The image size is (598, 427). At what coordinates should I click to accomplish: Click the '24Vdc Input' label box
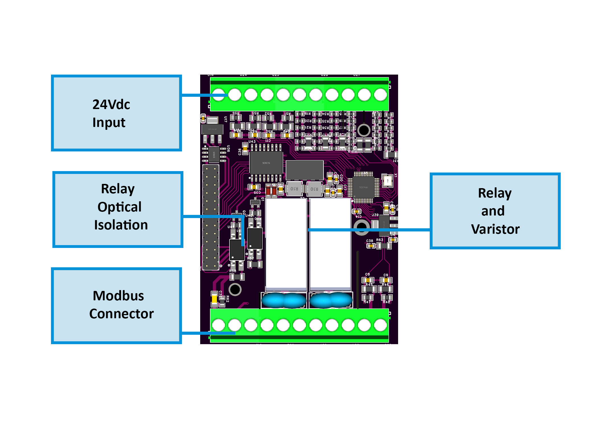[x=116, y=113]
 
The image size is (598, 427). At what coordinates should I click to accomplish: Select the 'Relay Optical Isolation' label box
[x=118, y=209]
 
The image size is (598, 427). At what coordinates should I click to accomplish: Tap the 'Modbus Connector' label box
[x=116, y=305]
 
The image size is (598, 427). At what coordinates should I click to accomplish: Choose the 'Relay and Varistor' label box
[x=495, y=211]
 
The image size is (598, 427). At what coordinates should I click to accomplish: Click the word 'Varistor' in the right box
[x=495, y=229]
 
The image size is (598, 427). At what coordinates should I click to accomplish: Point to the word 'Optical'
[x=119, y=207]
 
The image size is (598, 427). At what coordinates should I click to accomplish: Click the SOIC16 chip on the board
[x=266, y=163]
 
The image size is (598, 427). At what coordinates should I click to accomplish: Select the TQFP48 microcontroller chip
[x=363, y=187]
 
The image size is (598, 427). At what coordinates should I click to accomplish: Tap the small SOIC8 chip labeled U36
[x=214, y=155]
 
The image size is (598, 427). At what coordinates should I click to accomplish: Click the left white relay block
[x=286, y=243]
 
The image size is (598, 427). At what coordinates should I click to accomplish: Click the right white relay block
[x=330, y=243]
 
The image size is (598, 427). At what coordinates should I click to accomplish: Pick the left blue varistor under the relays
[x=284, y=300]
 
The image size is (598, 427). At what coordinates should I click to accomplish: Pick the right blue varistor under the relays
[x=331, y=300]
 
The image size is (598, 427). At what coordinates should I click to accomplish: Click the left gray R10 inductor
[x=294, y=189]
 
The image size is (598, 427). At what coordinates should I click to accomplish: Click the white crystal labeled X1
[x=388, y=181]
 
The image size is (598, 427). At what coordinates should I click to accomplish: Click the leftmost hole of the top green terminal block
[x=219, y=95]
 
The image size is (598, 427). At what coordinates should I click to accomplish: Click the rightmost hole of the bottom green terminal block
[x=380, y=325]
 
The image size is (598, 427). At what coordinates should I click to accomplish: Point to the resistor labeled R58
[x=237, y=277]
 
